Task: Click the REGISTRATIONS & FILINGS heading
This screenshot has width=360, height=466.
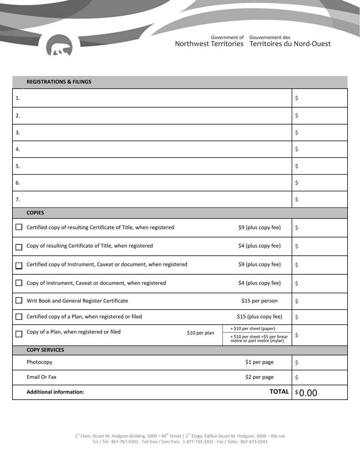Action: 59,82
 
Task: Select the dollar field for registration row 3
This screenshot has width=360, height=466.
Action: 319,133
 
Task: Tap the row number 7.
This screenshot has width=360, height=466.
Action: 17,199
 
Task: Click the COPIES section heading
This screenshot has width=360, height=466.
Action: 35,213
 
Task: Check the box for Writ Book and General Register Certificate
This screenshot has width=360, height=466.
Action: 19,300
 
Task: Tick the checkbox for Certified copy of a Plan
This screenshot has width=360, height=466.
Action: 19,317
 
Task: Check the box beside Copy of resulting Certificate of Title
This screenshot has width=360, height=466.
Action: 19,247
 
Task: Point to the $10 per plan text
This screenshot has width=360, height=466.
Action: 200,333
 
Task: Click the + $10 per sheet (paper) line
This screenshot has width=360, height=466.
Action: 253,328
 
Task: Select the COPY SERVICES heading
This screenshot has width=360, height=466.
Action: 45,350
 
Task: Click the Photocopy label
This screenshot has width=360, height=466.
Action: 39,362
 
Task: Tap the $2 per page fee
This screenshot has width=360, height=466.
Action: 259,377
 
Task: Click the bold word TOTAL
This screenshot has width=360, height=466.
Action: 279,392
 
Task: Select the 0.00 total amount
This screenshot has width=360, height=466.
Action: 308,393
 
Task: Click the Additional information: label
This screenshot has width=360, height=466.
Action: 55,392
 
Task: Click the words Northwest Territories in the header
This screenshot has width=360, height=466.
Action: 209,44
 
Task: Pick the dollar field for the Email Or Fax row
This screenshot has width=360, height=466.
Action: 319,377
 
